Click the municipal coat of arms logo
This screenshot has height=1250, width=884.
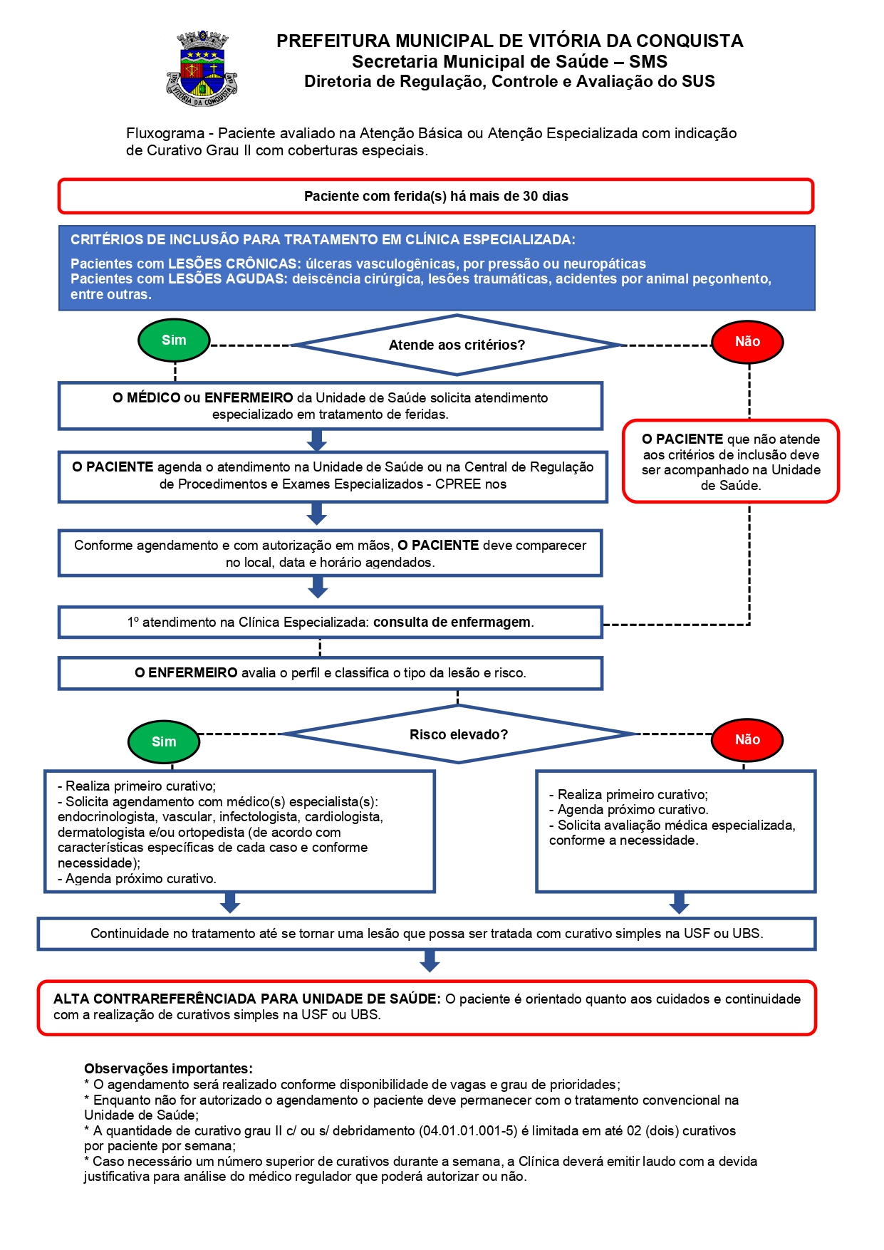point(202,69)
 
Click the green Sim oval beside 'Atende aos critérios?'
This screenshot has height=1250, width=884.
point(174,340)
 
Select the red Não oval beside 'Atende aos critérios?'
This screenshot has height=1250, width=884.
point(747,342)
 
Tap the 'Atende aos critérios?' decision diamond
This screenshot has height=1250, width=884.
point(457,345)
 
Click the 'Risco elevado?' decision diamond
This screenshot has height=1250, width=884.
point(459,734)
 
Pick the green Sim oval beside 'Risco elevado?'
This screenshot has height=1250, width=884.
point(164,741)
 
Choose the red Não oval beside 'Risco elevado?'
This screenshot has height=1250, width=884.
point(747,740)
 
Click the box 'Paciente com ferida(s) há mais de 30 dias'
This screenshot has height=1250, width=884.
point(436,196)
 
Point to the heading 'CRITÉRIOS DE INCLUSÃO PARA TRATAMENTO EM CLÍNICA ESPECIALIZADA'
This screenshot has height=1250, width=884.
point(323,239)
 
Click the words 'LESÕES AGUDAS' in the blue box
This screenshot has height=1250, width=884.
point(226,278)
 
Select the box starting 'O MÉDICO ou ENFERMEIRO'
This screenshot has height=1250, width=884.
point(331,406)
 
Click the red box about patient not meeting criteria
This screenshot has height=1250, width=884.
point(731,462)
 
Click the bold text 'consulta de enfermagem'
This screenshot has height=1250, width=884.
point(452,622)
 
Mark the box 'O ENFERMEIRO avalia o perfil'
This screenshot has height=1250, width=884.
point(331,673)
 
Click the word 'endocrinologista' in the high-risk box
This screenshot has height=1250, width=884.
point(106,817)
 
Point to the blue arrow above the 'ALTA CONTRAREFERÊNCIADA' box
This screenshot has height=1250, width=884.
point(430,962)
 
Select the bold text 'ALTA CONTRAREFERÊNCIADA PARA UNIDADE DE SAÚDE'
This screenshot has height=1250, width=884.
point(247,999)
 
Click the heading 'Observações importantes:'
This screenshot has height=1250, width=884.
point(168,1068)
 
